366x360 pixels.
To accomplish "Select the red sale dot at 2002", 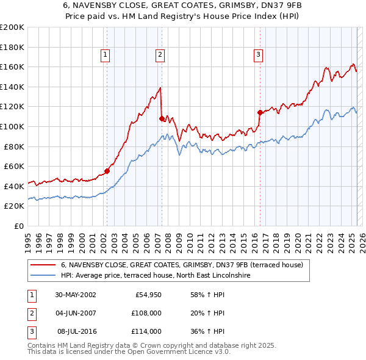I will pyautogui.click(x=107, y=171).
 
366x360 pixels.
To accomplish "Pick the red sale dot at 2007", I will pyautogui.click(x=161, y=118).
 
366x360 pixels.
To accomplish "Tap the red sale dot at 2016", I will pyautogui.click(x=260, y=112).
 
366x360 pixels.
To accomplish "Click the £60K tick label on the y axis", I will pyautogui.click(x=14, y=166).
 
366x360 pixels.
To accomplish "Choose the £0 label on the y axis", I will pyautogui.click(x=19, y=226).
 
